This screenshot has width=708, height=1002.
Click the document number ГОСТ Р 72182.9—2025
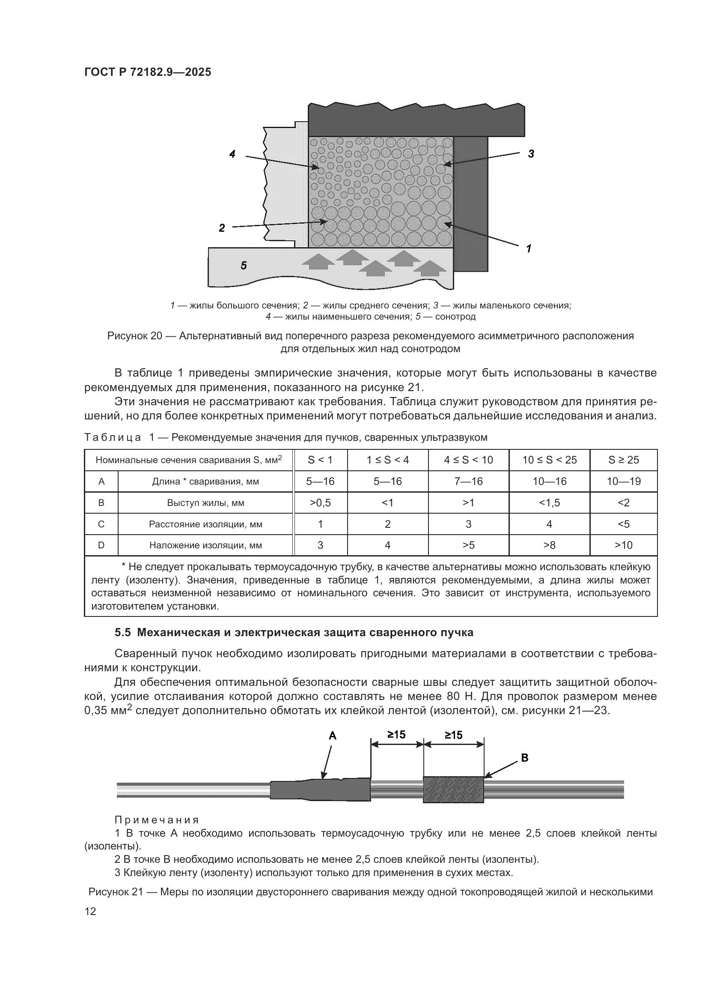(x=147, y=72)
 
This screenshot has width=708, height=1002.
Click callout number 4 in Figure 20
(x=232, y=154)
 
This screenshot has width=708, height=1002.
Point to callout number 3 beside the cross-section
(x=531, y=154)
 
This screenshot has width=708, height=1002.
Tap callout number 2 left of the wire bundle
(x=222, y=228)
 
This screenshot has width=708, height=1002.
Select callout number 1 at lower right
(x=529, y=249)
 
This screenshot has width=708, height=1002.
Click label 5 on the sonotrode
(x=244, y=265)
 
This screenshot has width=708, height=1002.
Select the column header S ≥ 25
(x=623, y=460)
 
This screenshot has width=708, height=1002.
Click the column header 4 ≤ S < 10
(x=468, y=460)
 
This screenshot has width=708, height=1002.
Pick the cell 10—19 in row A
(x=623, y=482)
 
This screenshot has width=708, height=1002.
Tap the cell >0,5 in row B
(x=321, y=503)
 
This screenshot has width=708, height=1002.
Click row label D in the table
(x=101, y=545)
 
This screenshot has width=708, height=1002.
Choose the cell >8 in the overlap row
(x=549, y=545)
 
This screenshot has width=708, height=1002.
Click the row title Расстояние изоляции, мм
(x=205, y=524)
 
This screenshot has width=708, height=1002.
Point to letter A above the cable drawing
(x=332, y=736)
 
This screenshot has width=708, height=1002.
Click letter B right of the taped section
(x=524, y=758)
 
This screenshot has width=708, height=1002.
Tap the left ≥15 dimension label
(x=396, y=735)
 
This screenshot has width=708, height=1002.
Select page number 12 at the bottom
(x=90, y=912)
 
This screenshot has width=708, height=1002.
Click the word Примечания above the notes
(x=157, y=820)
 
